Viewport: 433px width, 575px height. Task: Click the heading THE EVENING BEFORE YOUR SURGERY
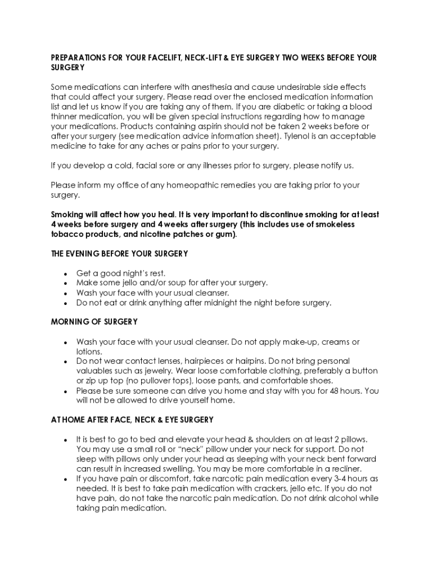119,254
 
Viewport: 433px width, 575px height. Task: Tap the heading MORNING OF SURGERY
94,322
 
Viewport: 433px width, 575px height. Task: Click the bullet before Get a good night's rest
66,273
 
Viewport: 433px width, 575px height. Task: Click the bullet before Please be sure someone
66,391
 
